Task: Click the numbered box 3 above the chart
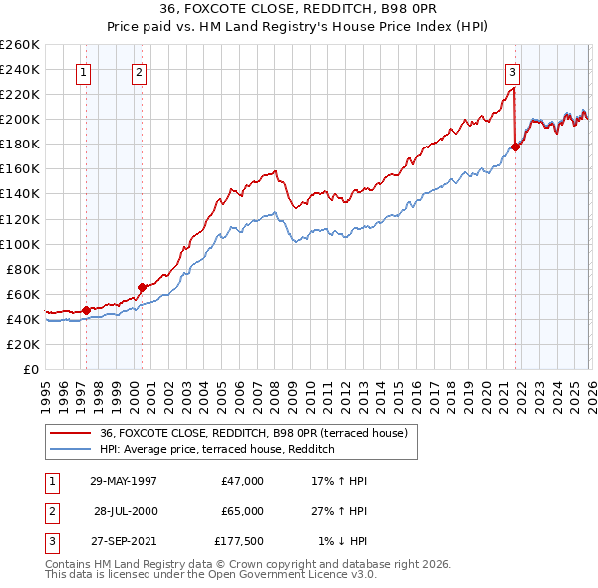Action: coord(511,71)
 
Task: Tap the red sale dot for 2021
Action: coord(515,147)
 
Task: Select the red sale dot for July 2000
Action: coord(143,287)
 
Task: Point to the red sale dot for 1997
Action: coord(87,310)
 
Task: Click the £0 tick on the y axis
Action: coord(31,369)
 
